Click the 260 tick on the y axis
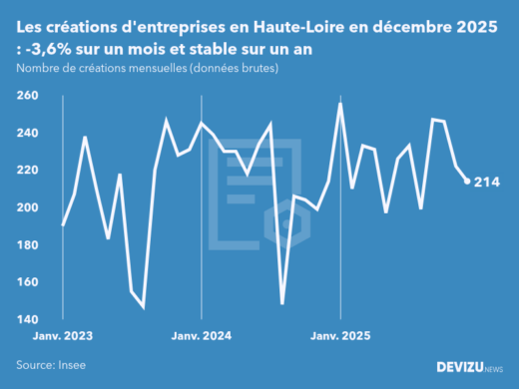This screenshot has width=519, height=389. (x=29, y=96)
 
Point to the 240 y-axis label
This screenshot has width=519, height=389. (x=29, y=133)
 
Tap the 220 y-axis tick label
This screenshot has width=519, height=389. (x=29, y=171)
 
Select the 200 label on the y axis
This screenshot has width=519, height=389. (x=29, y=207)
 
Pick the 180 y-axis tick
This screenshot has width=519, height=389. (x=29, y=245)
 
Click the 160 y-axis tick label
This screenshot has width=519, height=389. (x=29, y=282)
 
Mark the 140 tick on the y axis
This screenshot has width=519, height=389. (x=29, y=320)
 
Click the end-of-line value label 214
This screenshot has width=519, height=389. (x=487, y=182)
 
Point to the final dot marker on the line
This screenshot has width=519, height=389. (x=468, y=182)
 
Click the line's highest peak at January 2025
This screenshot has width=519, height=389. (x=341, y=103)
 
